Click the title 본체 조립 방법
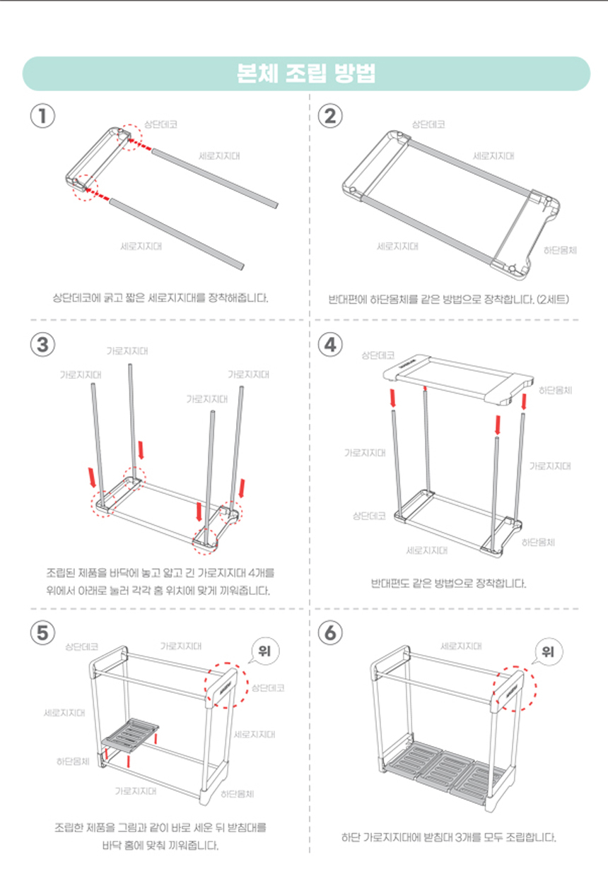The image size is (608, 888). point(306,73)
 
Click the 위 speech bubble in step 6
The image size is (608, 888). point(546,651)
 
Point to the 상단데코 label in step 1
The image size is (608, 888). point(160,124)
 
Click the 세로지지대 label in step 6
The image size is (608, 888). point(462,646)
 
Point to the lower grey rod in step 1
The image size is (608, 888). point(177,233)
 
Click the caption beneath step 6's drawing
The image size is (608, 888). point(449,838)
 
